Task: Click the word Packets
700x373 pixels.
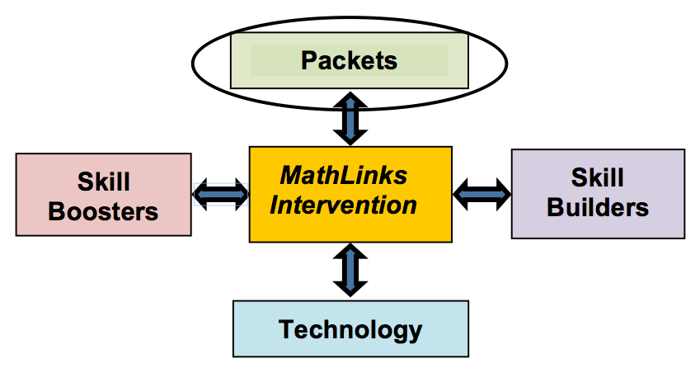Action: pyautogui.click(x=349, y=60)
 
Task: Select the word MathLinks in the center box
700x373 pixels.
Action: pyautogui.click(x=344, y=176)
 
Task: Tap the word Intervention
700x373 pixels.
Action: pyautogui.click(x=343, y=205)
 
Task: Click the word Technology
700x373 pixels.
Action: pyautogui.click(x=350, y=329)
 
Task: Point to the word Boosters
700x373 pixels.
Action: pyautogui.click(x=103, y=211)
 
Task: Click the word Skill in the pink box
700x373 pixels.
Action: pyautogui.click(x=104, y=182)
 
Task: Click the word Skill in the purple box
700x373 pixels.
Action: pyautogui.click(x=598, y=177)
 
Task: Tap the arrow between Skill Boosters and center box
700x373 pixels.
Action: pyautogui.click(x=220, y=194)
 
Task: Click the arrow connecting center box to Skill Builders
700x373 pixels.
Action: pyautogui.click(x=482, y=194)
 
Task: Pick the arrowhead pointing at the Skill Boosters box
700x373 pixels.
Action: pyautogui.click(x=201, y=194)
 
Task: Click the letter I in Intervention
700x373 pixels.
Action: pyautogui.click(x=275, y=205)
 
